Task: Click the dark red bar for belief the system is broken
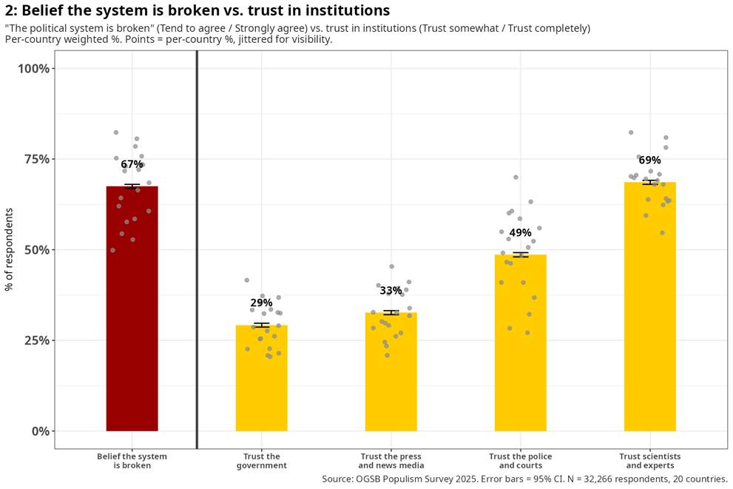coord(132,308)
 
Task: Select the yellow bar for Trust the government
coord(261,378)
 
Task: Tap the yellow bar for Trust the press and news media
coord(391,371)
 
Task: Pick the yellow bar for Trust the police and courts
coord(520,343)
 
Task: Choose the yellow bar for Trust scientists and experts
coord(650,307)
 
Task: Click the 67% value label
coord(132,164)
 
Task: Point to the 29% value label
coord(261,303)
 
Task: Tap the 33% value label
coord(391,291)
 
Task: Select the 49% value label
coord(520,233)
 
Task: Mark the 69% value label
coord(650,161)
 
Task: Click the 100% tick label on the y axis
coord(34,69)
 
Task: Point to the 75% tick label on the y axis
coord(37,159)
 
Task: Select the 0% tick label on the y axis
coord(41,431)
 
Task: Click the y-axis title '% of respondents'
coord(9,249)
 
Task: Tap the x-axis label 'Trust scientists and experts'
coord(650,461)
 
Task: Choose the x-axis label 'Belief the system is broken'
coord(132,461)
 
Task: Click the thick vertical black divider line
coord(197,249)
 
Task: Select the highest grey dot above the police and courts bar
coord(516,178)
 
